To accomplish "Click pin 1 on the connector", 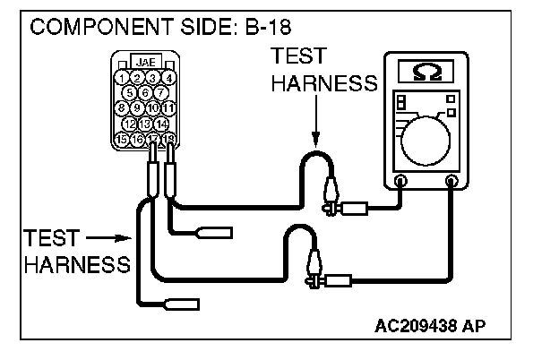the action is tap(122, 77).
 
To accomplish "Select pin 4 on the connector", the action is tap(168, 77).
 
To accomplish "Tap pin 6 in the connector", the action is tap(145, 92).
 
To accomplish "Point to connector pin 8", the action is tap(122, 108).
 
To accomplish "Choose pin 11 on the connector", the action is tap(168, 108).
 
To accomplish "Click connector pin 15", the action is tap(122, 139).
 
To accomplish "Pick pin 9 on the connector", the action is tap(137, 108).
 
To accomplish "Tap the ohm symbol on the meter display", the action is tap(425, 71).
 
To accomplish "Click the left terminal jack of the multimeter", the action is tap(400, 181).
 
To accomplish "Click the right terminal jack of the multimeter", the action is tap(452, 181).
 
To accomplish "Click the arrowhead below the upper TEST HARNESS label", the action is tap(314, 139).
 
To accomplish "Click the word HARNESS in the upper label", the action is tap(323, 84).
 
